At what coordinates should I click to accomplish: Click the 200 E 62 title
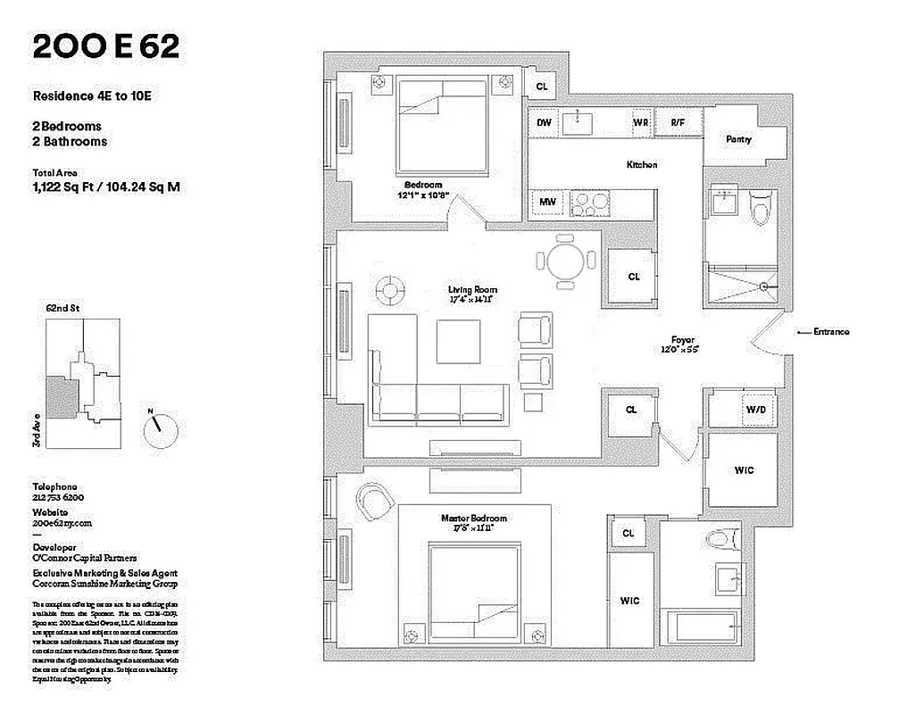coord(105,47)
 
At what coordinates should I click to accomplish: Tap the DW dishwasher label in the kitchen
coord(543,122)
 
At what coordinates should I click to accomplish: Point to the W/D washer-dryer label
coord(755,410)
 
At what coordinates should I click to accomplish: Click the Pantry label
coord(738,139)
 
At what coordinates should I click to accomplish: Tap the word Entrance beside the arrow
coord(830,332)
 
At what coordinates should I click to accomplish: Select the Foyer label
coord(684,340)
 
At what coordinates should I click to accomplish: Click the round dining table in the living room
coord(565,262)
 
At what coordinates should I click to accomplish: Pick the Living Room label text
coord(472,290)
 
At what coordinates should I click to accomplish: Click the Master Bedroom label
coord(473,519)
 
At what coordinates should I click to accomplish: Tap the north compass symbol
coord(159,430)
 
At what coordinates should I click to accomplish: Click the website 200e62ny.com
coord(62,524)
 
